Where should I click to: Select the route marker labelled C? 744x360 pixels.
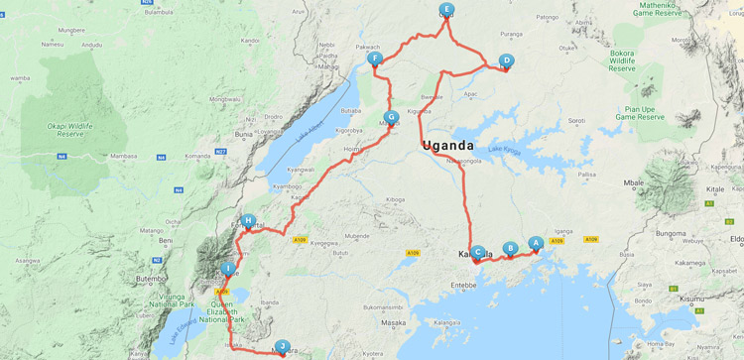coord(478,253)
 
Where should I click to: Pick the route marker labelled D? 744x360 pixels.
coord(506,60)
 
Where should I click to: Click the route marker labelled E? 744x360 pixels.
coord(446,9)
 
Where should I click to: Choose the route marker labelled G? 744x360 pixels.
coord(392,117)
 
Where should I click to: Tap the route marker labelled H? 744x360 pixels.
coord(249,221)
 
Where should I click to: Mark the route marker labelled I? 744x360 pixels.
coord(229,268)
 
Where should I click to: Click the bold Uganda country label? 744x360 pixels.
coord(448,147)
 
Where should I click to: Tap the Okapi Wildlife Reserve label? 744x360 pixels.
coord(70,132)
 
